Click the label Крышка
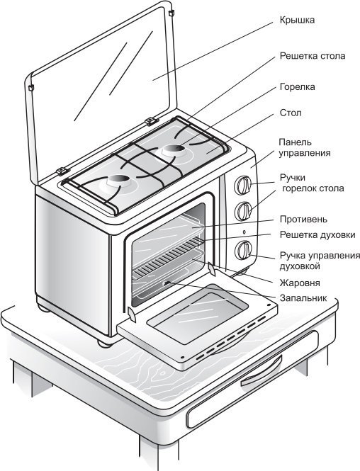pyautogui.click(x=297, y=20)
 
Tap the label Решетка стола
pyautogui.click(x=313, y=56)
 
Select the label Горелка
pyautogui.click(x=297, y=87)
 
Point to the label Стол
pyautogui.click(x=291, y=113)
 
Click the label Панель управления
pyautogui.click(x=305, y=147)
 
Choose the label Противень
pyautogui.click(x=303, y=220)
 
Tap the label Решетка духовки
pyautogui.click(x=317, y=235)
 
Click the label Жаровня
pyautogui.click(x=300, y=283)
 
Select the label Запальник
pyautogui.click(x=303, y=298)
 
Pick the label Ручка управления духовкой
pyautogui.click(x=320, y=261)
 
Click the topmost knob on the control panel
pyautogui.click(x=243, y=185)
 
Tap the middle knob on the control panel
pyautogui.click(x=243, y=211)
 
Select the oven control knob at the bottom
pyautogui.click(x=243, y=250)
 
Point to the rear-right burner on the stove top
pyautogui.click(x=174, y=150)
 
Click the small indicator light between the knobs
pyautogui.click(x=244, y=232)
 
